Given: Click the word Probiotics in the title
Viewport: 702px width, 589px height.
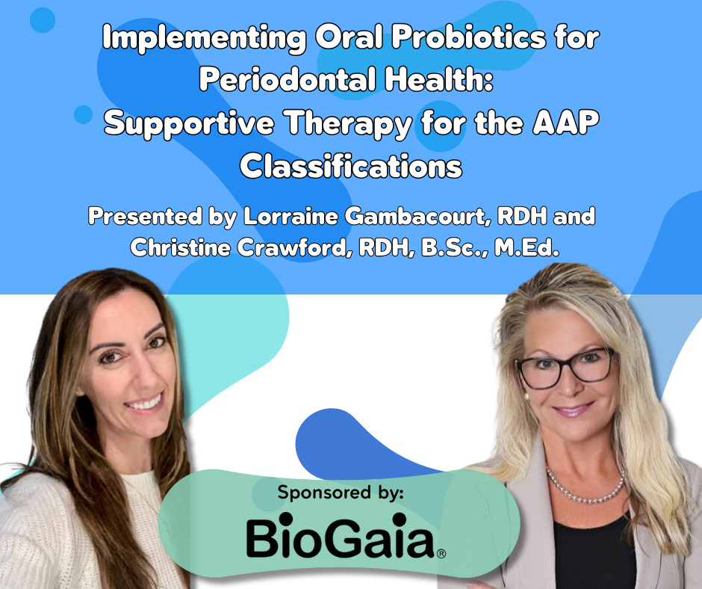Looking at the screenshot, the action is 469,37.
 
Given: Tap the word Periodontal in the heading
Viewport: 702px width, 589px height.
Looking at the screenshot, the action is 288,80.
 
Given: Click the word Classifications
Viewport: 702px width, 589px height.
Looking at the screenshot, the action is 351,165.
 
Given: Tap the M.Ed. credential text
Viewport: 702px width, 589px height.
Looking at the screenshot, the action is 526,248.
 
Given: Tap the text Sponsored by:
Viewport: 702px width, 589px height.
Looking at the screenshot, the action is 341,492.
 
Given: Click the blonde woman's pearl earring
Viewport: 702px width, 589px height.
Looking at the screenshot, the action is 526,397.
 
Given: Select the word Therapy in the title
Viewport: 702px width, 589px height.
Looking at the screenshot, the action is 348,123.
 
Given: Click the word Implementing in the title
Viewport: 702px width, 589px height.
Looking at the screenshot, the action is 204,38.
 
